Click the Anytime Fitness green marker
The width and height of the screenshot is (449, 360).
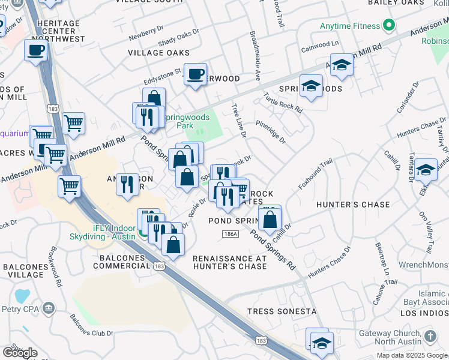[388, 26]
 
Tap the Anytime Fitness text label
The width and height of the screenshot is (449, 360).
[350, 26]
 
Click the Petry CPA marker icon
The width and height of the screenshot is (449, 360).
[49, 309]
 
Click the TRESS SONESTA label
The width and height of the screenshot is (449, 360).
[282, 311]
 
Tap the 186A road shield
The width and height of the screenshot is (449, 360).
[228, 234]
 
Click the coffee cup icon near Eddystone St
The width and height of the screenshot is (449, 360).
[195, 74]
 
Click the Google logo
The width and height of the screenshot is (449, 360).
[20, 352]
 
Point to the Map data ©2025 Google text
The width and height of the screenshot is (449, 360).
[411, 355]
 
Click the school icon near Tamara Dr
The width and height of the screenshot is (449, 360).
[426, 169]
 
